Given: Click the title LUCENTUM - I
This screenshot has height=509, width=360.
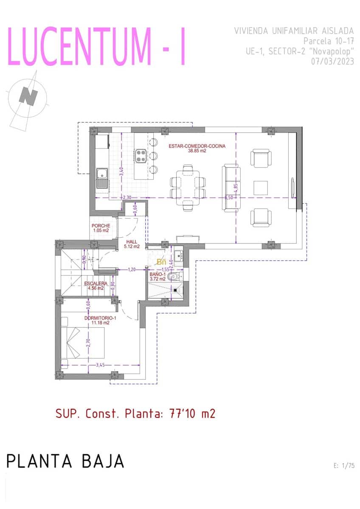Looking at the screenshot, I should [x=97, y=47].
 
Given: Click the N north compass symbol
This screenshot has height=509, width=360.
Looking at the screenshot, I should [x=28, y=96].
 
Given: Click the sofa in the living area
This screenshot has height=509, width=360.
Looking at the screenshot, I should [x=231, y=189].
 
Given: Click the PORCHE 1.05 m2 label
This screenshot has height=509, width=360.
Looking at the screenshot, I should [x=101, y=228].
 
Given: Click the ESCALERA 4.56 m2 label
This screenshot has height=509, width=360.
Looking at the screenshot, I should [x=96, y=285].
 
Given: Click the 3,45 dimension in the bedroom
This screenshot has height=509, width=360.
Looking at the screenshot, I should [x=100, y=365].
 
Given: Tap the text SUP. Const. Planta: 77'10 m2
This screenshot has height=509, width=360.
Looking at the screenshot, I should [x=135, y=414].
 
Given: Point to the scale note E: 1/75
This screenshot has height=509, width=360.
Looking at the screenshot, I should [x=344, y=466].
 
